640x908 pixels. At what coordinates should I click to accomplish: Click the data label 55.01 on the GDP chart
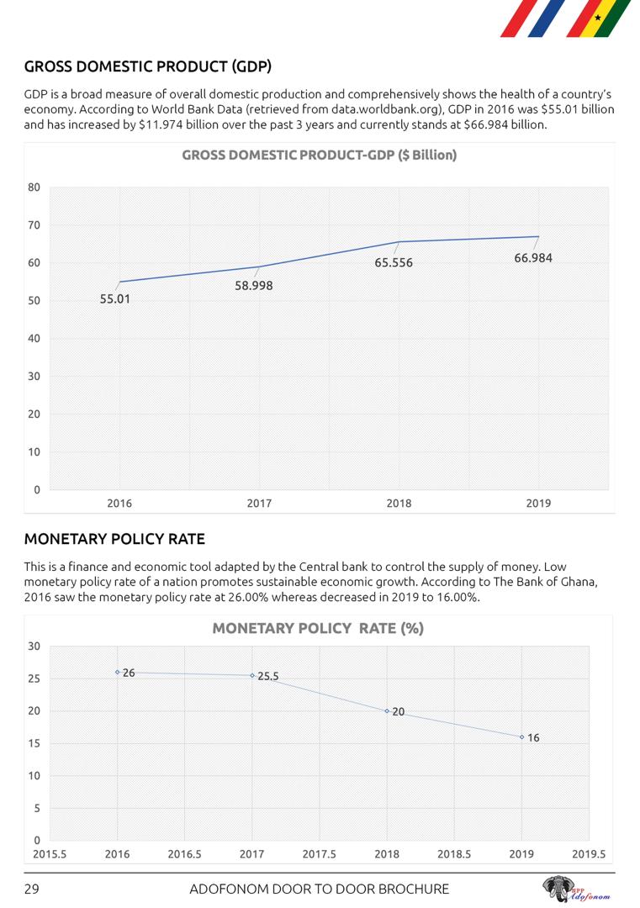pos(115,298)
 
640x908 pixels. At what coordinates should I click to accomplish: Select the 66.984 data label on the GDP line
pos(533,258)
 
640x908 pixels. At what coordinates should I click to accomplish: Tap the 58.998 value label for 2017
pos(253,285)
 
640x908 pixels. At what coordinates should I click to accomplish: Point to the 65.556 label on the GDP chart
pos(394,262)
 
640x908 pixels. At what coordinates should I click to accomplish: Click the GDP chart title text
pos(320,156)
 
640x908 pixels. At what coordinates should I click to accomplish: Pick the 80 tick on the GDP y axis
pos(34,187)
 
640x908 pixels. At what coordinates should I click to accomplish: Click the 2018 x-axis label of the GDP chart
pos(399,504)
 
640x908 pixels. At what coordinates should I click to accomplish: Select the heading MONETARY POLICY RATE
pos(114,539)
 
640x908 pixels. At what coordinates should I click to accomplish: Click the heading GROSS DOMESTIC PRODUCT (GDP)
pos(147,66)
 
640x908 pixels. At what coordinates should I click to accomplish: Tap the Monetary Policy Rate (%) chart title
pos(318,628)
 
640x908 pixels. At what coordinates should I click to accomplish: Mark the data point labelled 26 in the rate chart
pos(118,672)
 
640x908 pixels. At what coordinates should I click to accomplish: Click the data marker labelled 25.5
pos(252,675)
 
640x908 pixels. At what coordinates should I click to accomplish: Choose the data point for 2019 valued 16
pos(521,736)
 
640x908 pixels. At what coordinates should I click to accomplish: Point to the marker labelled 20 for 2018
pos(387,711)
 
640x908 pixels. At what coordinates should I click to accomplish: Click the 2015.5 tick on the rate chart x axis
pos(50,854)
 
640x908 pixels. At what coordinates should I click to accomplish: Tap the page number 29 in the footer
pos(32,889)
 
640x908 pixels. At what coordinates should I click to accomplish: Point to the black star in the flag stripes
pos(598,17)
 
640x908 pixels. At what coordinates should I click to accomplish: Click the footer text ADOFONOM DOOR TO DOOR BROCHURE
pos(320,889)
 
